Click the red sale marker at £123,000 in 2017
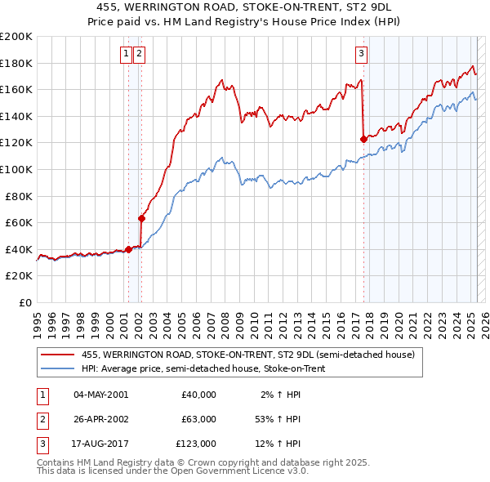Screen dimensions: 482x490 point(363,139)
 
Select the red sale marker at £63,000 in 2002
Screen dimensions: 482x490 point(141,218)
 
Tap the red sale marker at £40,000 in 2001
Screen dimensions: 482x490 point(128,249)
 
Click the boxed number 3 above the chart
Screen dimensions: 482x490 point(361,55)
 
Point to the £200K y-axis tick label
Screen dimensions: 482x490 point(16,37)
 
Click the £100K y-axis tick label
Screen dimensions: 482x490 point(16,169)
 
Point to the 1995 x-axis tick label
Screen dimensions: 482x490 point(37,319)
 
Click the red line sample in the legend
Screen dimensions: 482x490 point(57,355)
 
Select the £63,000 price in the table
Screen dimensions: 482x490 point(198,419)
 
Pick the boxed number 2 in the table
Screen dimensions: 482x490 point(41,419)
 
